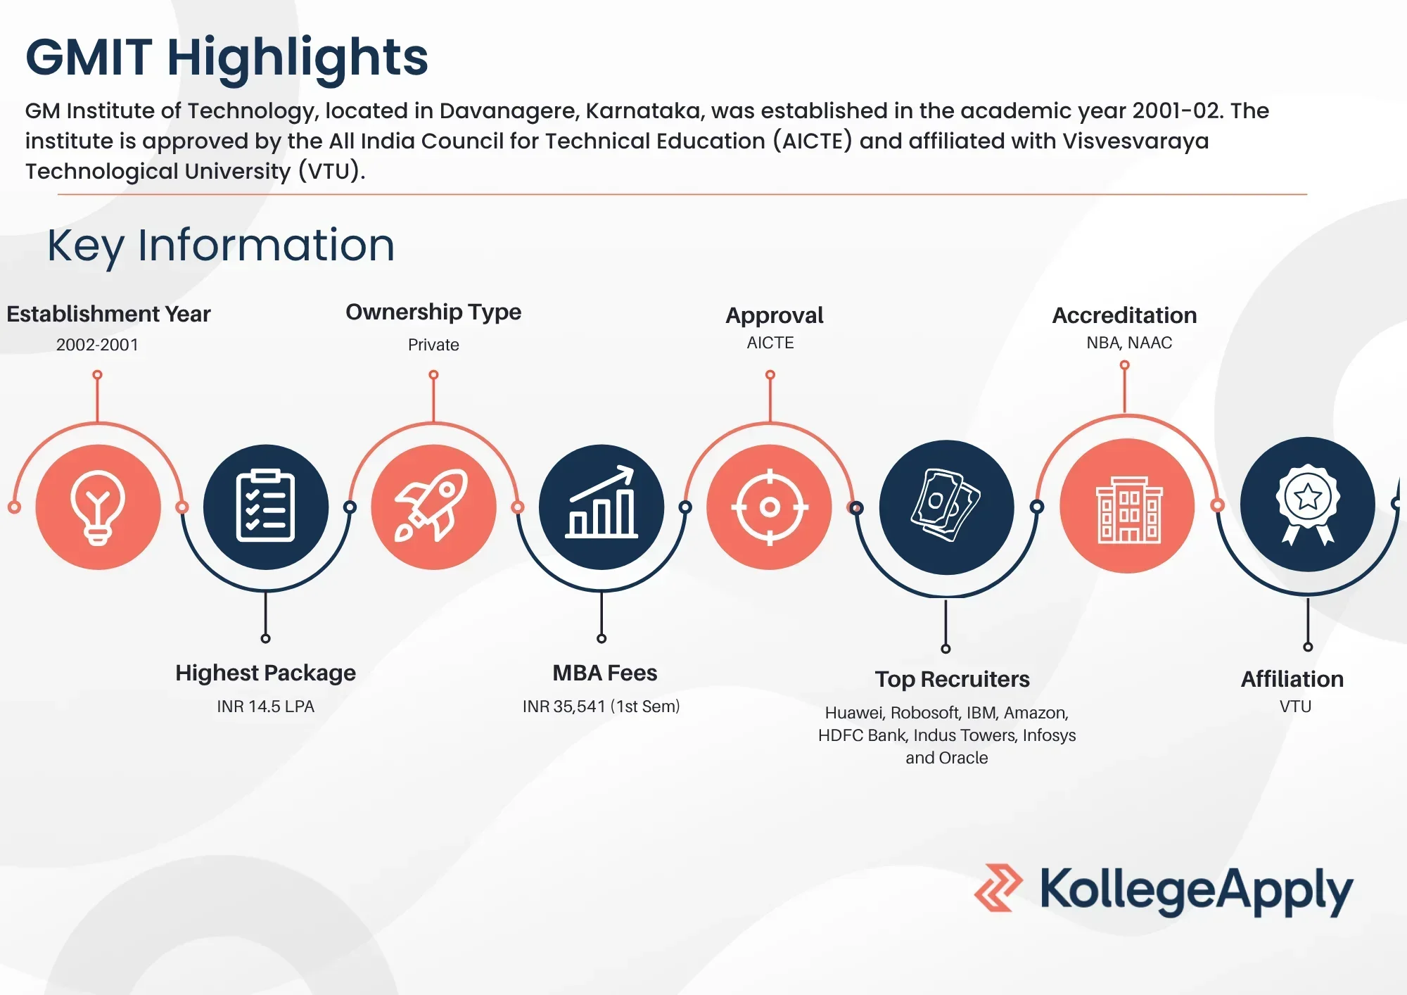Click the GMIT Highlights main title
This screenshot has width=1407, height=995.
227,58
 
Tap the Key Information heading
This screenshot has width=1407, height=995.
221,246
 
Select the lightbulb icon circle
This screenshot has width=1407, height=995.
98,507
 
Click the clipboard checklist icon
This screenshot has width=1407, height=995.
265,506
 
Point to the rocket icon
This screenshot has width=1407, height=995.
432,505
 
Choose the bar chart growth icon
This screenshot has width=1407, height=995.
601,502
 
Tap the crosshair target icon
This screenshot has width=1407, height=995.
770,507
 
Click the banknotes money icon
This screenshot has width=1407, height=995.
946,505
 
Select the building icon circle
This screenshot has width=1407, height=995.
1127,506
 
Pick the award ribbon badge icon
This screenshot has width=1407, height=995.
1308,505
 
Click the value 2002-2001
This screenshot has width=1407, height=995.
97,345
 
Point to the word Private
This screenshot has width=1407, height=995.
433,345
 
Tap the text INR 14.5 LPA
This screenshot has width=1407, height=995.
265,706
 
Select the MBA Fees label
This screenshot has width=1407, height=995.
604,673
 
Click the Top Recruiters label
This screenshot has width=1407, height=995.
952,679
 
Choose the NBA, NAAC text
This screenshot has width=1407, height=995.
1129,343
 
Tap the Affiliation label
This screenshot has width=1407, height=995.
1292,679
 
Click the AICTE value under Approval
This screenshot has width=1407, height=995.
770,343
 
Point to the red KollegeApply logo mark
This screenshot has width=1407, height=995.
998,888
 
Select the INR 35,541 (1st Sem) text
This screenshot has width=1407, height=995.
601,706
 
